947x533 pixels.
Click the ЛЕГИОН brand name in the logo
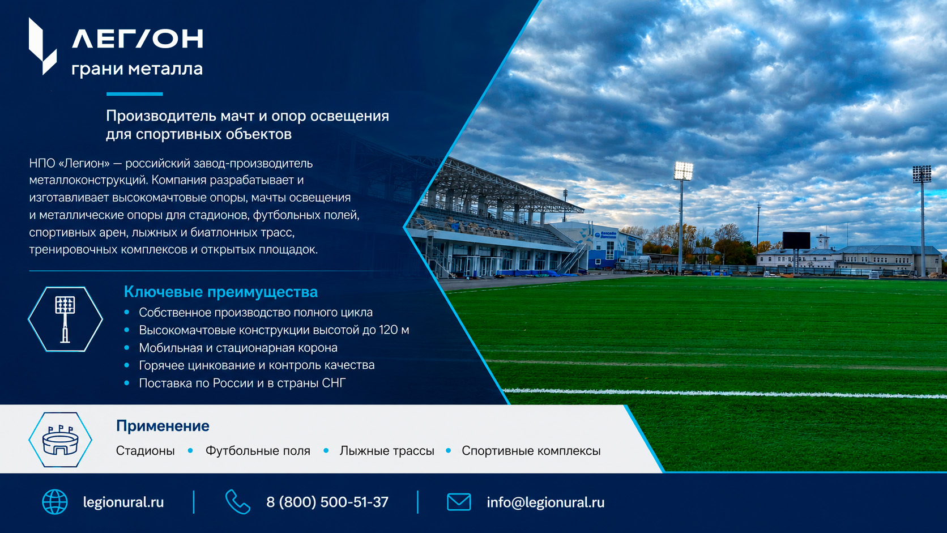pyautogui.click(x=138, y=39)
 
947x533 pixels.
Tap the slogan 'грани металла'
pyautogui.click(x=137, y=69)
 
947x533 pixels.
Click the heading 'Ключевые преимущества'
pyautogui.click(x=221, y=292)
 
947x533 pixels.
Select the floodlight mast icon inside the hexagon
pyautogui.click(x=65, y=319)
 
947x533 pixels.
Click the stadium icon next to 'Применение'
pyautogui.click(x=60, y=440)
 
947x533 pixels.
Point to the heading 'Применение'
pyautogui.click(x=163, y=426)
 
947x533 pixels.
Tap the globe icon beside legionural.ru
pyautogui.click(x=55, y=502)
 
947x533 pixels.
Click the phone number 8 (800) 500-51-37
pyautogui.click(x=327, y=502)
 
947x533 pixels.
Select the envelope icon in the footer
pyautogui.click(x=459, y=502)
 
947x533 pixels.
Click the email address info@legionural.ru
pyautogui.click(x=545, y=502)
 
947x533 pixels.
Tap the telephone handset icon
pyautogui.click(x=237, y=502)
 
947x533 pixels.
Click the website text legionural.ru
pyautogui.click(x=123, y=502)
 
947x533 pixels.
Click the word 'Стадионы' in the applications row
pyautogui.click(x=146, y=450)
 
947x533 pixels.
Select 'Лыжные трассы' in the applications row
pyautogui.click(x=387, y=450)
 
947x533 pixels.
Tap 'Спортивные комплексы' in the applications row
pyautogui.click(x=531, y=450)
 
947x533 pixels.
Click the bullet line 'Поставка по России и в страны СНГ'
pyautogui.click(x=242, y=383)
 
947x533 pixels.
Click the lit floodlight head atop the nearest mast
pyautogui.click(x=683, y=170)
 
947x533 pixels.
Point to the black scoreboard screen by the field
pyautogui.click(x=796, y=240)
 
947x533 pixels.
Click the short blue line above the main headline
pyautogui.click(x=134, y=94)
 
